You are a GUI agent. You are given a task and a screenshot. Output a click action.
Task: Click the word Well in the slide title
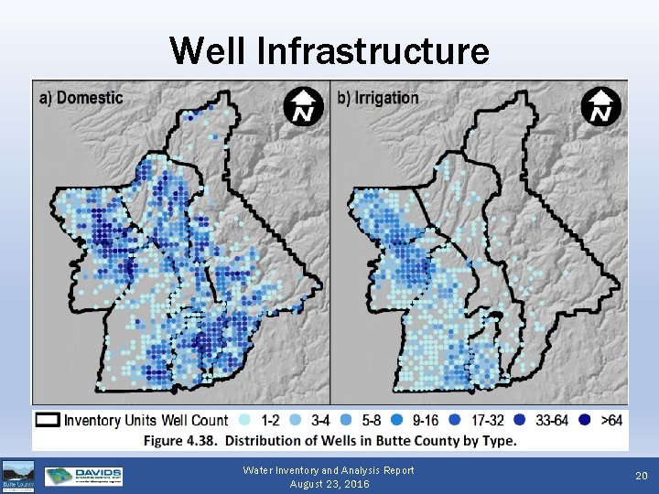pyautogui.click(x=209, y=50)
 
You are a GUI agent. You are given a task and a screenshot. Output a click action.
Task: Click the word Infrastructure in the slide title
pyautogui.click(x=373, y=50)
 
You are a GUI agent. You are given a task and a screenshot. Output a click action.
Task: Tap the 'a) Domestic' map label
pyautogui.click(x=80, y=97)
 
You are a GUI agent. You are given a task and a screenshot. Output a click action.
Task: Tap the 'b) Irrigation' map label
pyautogui.click(x=379, y=97)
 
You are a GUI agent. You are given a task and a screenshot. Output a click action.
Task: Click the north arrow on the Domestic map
pyautogui.click(x=301, y=106)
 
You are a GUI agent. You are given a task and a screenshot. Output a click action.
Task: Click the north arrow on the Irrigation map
pyautogui.click(x=600, y=106)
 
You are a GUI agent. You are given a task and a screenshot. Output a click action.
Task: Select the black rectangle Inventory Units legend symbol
pyautogui.click(x=49, y=420)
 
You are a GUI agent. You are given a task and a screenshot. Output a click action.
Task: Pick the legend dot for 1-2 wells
pyautogui.click(x=243, y=421)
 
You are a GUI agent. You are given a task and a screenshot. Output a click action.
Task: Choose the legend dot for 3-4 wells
pyautogui.click(x=297, y=421)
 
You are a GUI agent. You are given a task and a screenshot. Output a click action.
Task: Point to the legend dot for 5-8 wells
pyautogui.click(x=348, y=421)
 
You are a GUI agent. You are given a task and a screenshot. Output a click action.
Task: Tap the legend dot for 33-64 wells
pyautogui.click(x=520, y=421)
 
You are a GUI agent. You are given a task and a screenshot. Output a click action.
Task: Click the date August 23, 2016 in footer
pyautogui.click(x=329, y=484)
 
